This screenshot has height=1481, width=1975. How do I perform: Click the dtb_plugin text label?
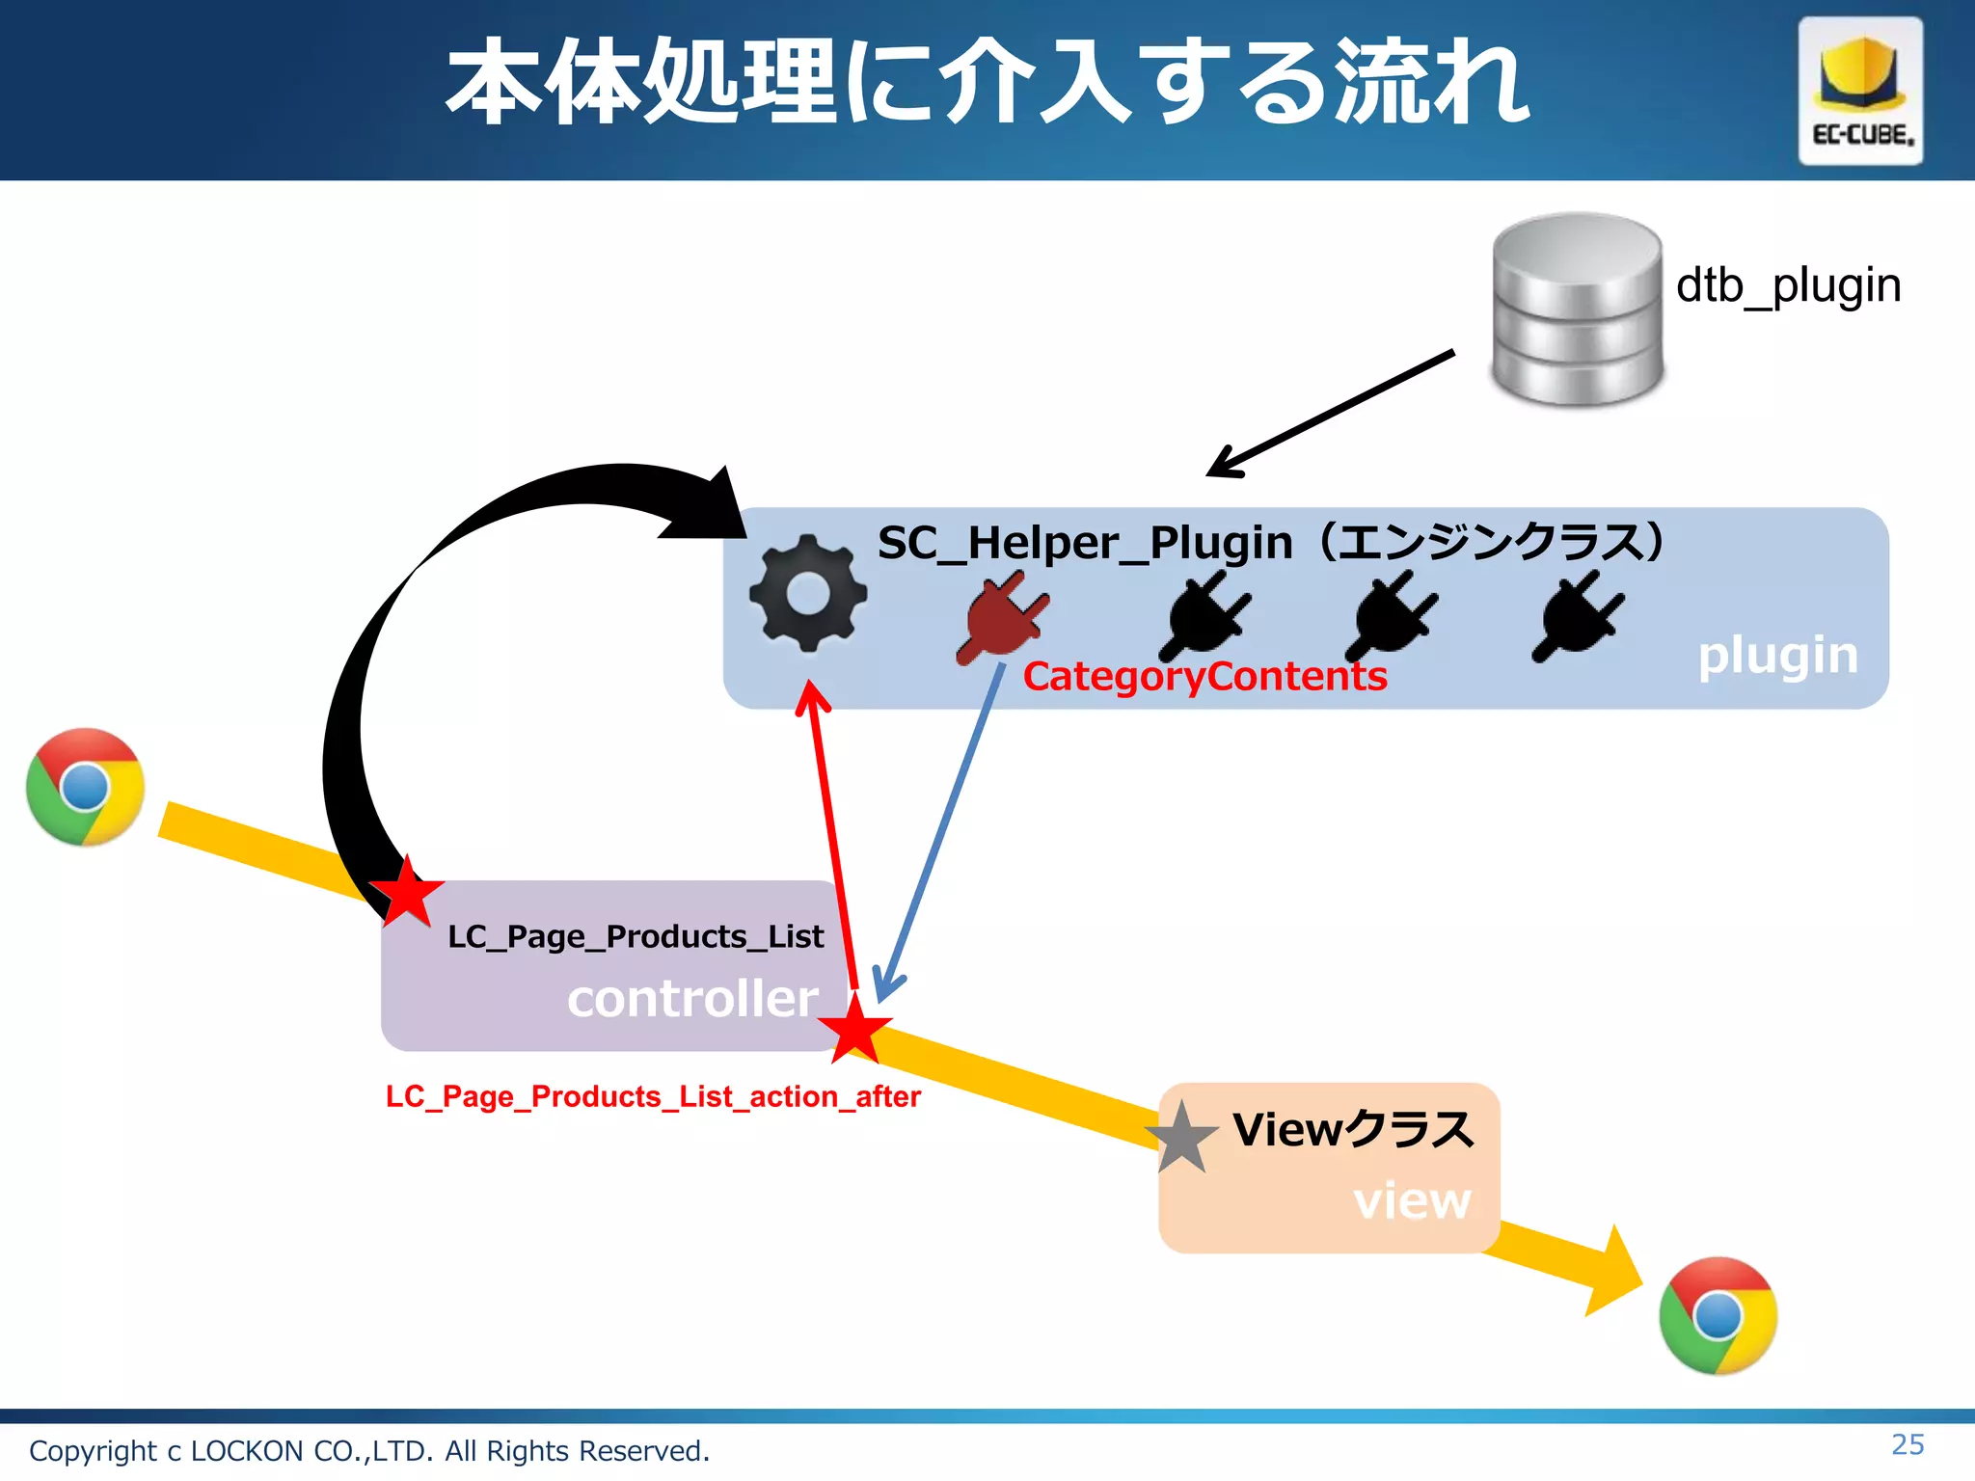[1788, 285]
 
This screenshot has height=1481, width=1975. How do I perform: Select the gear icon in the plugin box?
[808, 593]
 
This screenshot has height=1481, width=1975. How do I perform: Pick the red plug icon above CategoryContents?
[1002, 617]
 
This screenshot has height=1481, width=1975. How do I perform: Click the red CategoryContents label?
[1204, 676]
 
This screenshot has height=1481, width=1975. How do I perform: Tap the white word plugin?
[1777, 656]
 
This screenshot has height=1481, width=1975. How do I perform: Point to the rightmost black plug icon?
[1578, 615]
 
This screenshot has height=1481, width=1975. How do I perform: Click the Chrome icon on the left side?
[86, 787]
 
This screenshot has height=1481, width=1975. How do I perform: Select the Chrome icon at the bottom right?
[1718, 1315]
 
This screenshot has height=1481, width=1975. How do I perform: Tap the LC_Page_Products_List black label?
[636, 936]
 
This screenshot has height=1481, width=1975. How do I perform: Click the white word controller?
[692, 998]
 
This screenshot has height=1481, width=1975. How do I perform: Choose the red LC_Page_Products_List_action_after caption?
[653, 1096]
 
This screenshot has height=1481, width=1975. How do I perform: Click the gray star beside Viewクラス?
[1181, 1139]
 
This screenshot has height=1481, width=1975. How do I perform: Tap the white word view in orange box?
[1412, 1200]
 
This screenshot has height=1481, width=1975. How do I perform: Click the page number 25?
[1907, 1444]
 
